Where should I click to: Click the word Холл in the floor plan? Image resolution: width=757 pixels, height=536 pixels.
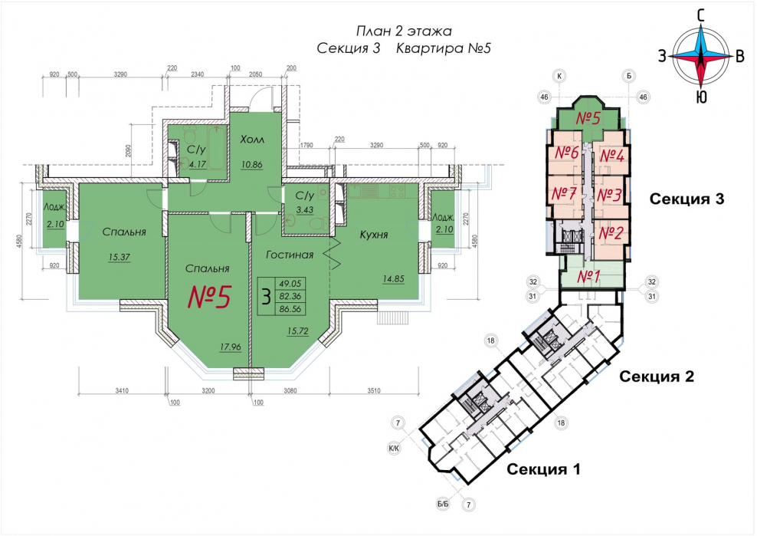point(252,140)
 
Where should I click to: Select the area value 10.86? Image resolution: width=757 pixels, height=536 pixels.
point(252,165)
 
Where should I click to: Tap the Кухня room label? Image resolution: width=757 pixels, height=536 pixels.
point(374,235)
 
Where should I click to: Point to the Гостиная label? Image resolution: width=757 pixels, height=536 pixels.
point(290,255)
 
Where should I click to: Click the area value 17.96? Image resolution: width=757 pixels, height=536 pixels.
point(231,347)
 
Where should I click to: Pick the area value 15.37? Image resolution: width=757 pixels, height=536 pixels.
point(120,257)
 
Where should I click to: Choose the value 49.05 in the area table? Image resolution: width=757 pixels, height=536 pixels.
point(290,284)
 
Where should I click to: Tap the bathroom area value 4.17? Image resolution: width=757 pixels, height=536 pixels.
point(198,164)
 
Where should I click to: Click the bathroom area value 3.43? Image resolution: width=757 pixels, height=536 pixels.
point(304,210)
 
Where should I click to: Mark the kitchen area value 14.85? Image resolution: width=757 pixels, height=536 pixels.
point(394,279)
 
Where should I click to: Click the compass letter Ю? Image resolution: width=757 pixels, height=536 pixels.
point(702,97)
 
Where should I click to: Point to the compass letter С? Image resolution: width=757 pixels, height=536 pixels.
point(701,16)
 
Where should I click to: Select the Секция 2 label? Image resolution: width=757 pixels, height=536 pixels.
point(657,376)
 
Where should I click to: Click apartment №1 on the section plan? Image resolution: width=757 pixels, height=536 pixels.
point(588,277)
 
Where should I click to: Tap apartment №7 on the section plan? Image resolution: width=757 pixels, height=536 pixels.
point(564,194)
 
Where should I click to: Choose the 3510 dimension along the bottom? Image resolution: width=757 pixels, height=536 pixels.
point(373,390)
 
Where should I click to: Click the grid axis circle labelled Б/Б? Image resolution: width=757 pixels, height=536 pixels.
point(443,504)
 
